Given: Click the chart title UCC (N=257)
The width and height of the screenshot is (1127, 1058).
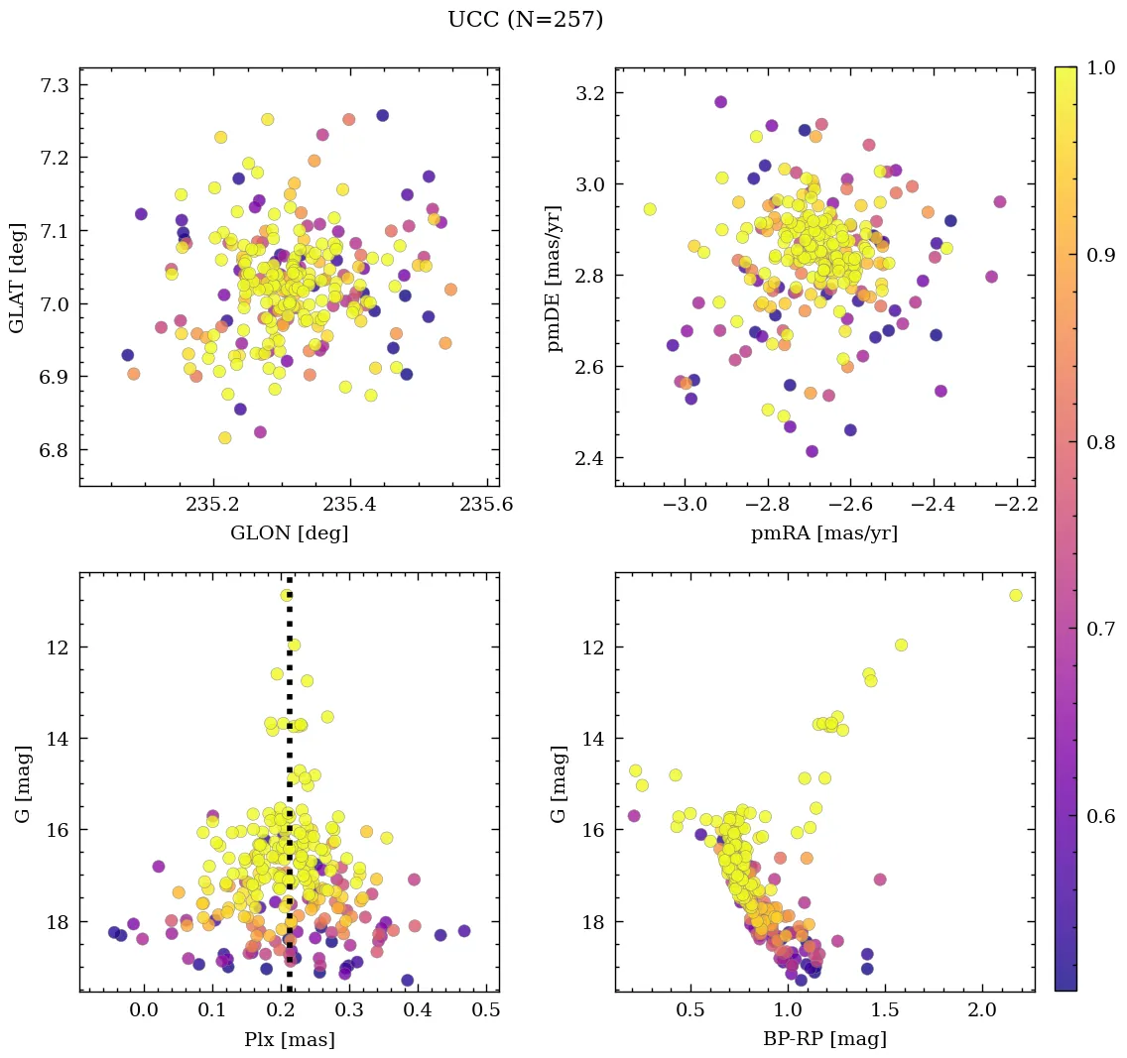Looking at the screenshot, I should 525,20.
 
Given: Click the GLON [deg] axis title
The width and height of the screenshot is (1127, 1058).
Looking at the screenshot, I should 289,533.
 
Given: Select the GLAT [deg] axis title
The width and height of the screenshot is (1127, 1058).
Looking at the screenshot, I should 16,278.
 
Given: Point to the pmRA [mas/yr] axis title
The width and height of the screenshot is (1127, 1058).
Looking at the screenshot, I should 824,533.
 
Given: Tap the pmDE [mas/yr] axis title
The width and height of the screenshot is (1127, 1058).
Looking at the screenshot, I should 554,278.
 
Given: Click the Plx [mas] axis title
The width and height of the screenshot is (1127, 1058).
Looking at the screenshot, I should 289,1039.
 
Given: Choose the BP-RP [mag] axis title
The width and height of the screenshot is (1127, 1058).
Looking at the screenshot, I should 824,1039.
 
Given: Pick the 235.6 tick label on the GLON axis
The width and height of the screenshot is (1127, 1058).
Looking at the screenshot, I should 486,505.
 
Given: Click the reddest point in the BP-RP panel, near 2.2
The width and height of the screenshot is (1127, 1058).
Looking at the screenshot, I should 1015,595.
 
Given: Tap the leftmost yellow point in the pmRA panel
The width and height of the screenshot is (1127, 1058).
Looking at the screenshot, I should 650,209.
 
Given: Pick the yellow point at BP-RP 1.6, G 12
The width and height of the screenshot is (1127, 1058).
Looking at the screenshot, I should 901,645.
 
